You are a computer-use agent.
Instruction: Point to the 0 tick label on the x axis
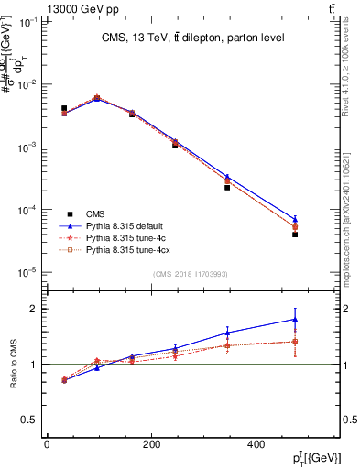pyautogui.click(x=47, y=444)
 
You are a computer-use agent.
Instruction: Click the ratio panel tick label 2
pyautogui.click(x=35, y=309)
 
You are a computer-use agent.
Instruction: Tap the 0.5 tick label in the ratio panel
pyautogui.click(x=31, y=420)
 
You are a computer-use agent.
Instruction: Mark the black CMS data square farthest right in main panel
pyautogui.click(x=295, y=234)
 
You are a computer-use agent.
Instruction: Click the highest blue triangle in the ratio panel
pyautogui.click(x=295, y=320)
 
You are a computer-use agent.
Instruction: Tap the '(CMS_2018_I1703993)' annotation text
pyautogui.click(x=191, y=274)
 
